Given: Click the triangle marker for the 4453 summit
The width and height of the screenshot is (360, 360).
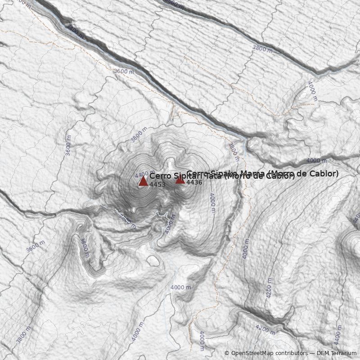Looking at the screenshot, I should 143,181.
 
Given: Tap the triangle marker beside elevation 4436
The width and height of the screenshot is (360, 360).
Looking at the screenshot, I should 180,180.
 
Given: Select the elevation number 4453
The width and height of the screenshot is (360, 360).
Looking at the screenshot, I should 157,184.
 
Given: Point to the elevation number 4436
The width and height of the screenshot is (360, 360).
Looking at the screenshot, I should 194,182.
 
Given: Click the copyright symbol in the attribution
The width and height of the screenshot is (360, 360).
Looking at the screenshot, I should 227,353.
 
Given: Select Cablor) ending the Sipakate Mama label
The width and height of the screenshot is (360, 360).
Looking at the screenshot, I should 324,173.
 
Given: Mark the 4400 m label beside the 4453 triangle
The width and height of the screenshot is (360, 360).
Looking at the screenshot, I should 141,174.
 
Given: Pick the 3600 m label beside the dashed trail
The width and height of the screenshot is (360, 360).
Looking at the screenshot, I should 124,72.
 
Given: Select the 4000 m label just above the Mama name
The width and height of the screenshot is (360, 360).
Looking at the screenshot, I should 317,161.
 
